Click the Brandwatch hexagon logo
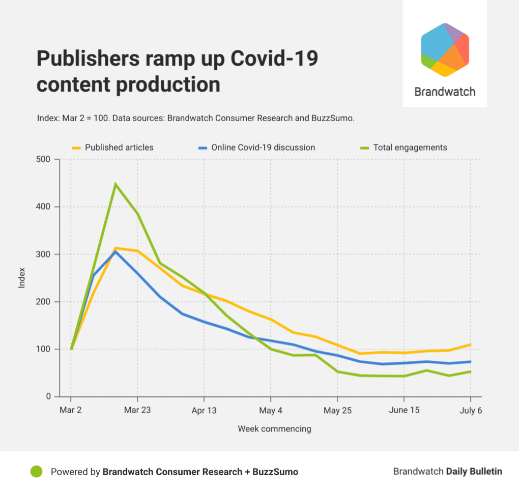[x=445, y=50]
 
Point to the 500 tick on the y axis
[x=44, y=159]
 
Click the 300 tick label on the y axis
[x=44, y=254]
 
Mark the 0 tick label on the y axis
[x=48, y=397]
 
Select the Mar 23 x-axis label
[x=137, y=411]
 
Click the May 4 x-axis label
[x=271, y=411]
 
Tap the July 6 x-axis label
[x=470, y=411]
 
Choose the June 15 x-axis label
[x=404, y=411]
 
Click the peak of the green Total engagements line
[x=116, y=184]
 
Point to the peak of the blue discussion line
[x=116, y=251]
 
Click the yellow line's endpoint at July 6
[x=470, y=344]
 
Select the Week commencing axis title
[x=274, y=429]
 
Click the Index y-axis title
[x=22, y=278]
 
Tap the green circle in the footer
[x=36, y=472]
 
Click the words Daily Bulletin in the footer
[x=474, y=472]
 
